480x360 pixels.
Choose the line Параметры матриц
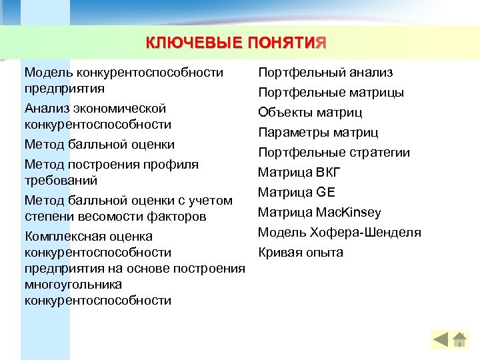tap(318, 132)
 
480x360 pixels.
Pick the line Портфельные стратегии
tap(334, 152)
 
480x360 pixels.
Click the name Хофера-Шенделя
tap(365, 233)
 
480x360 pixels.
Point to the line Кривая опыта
tap(301, 253)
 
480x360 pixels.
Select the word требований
tap(61, 180)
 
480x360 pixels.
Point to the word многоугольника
tap(73, 285)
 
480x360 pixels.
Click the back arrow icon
tap(441, 339)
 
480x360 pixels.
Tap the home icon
tap(459, 339)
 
